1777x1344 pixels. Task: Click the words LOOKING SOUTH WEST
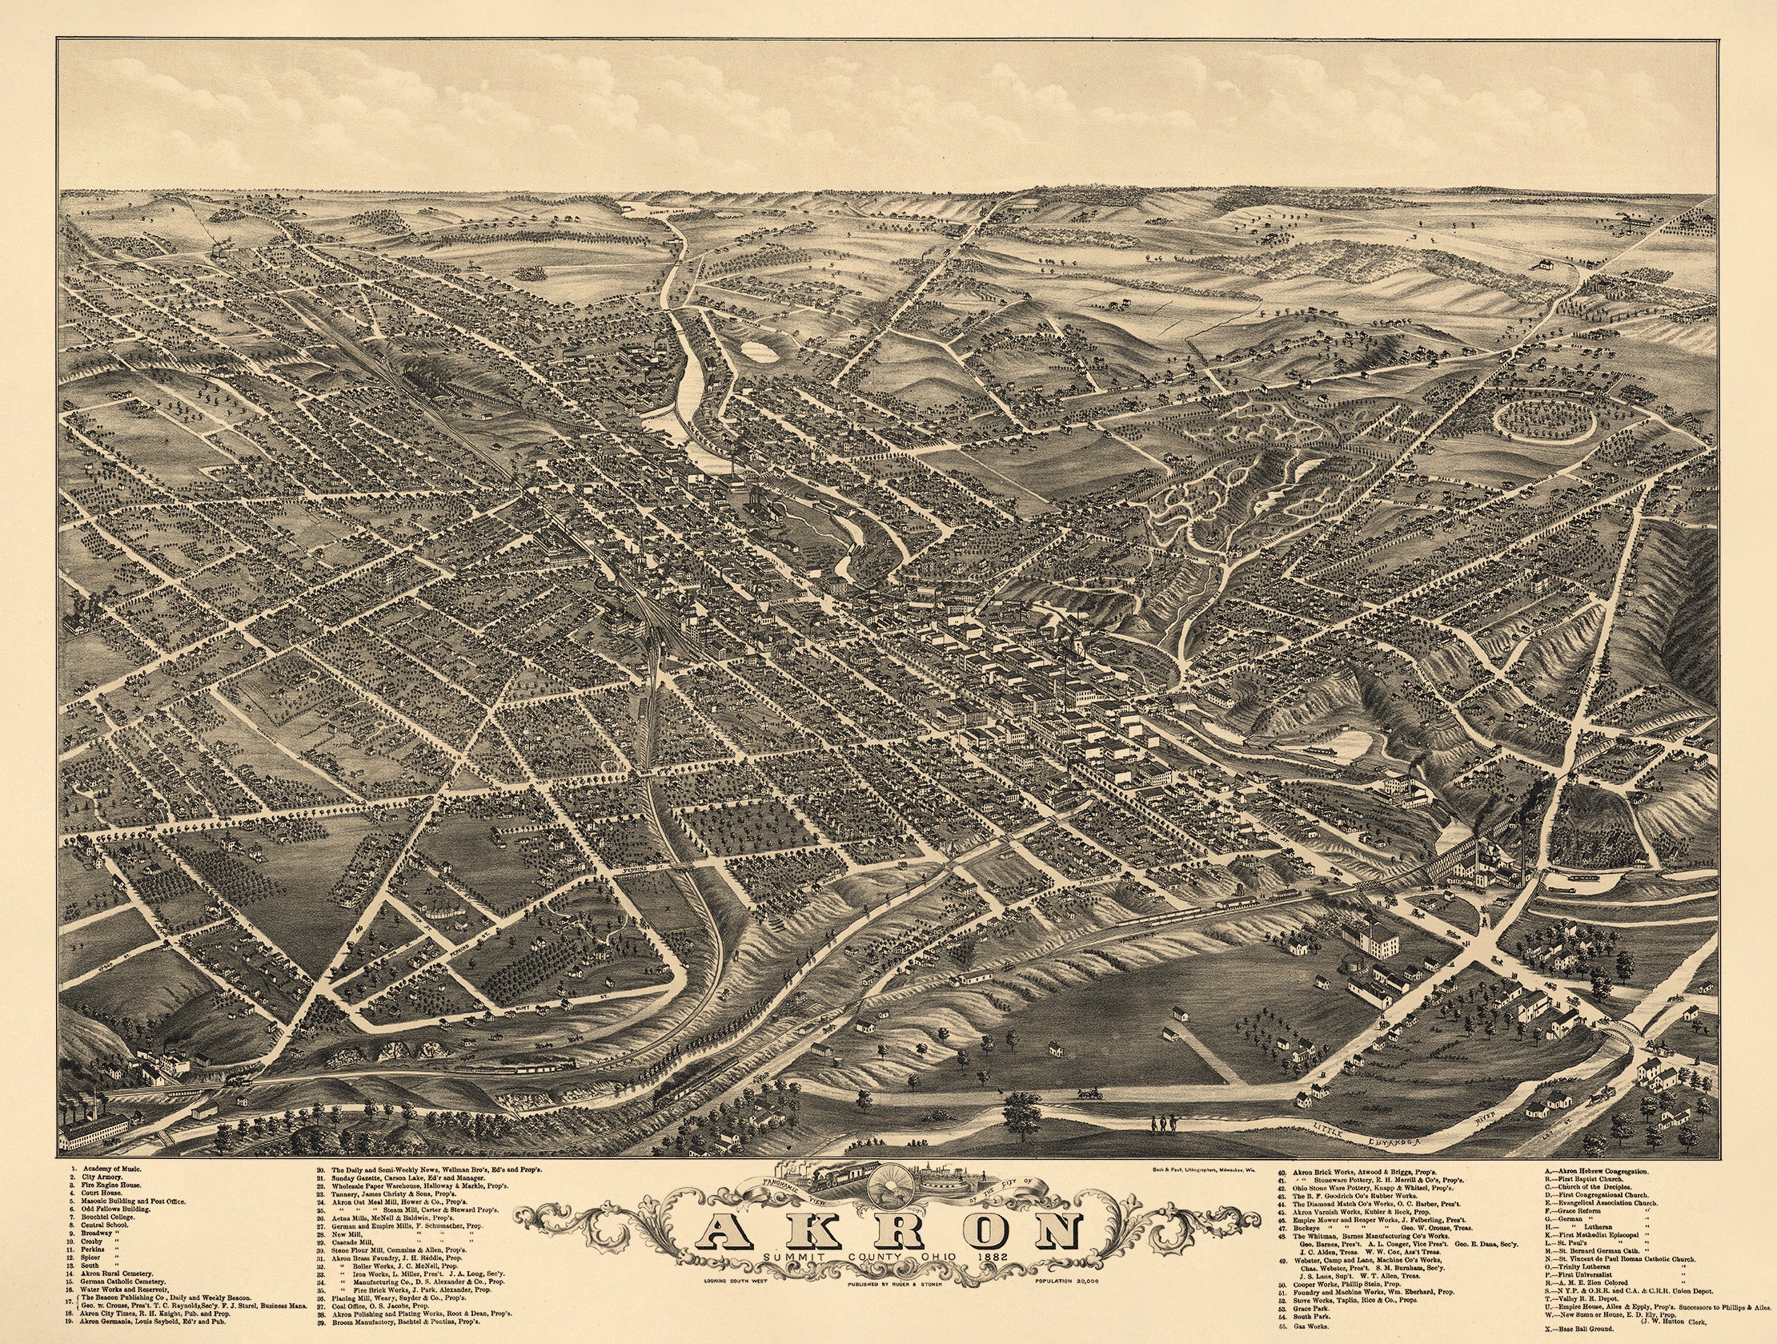click(x=736, y=1280)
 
